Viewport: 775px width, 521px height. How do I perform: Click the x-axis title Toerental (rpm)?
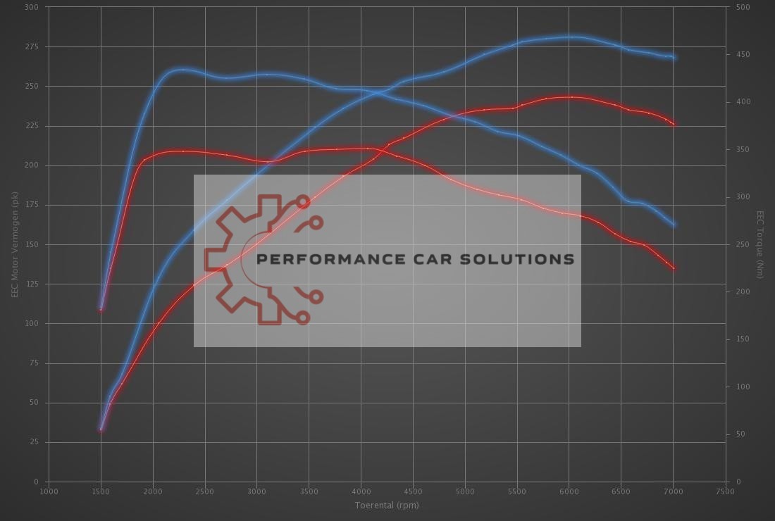387,505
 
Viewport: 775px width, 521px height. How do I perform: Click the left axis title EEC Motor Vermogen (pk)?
14,244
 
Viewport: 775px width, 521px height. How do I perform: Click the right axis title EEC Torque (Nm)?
760,244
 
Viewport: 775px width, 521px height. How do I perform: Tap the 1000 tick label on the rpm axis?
49,491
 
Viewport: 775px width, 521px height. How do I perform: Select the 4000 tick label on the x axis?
361,491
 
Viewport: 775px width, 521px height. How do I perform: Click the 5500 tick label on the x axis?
517,491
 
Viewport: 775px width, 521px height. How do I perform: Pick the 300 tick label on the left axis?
32,7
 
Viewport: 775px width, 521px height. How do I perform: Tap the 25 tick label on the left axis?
34,442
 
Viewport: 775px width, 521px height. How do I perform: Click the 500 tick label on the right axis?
743,7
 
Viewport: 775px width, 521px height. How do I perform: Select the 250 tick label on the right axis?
743,244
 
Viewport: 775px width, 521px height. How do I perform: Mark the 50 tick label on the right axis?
740,434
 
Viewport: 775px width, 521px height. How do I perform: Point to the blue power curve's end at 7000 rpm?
674,58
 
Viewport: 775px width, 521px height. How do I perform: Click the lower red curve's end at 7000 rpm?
674,268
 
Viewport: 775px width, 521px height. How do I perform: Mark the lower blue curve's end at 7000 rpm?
674,225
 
